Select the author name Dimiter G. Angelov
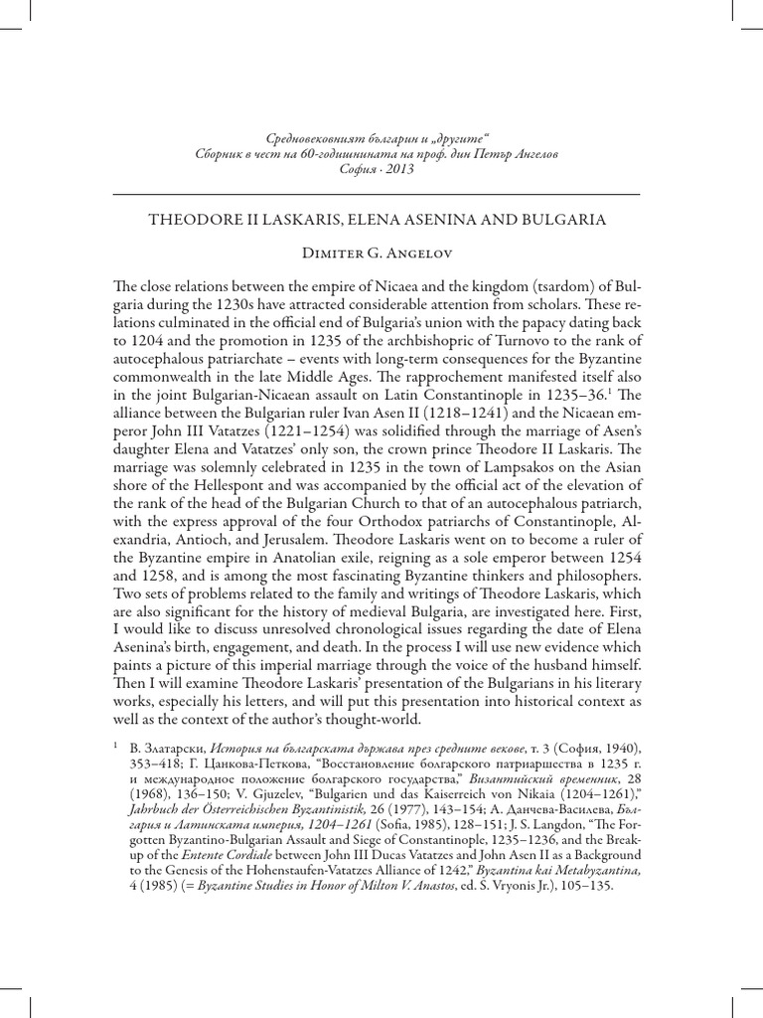(x=381, y=254)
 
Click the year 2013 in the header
(x=398, y=169)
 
